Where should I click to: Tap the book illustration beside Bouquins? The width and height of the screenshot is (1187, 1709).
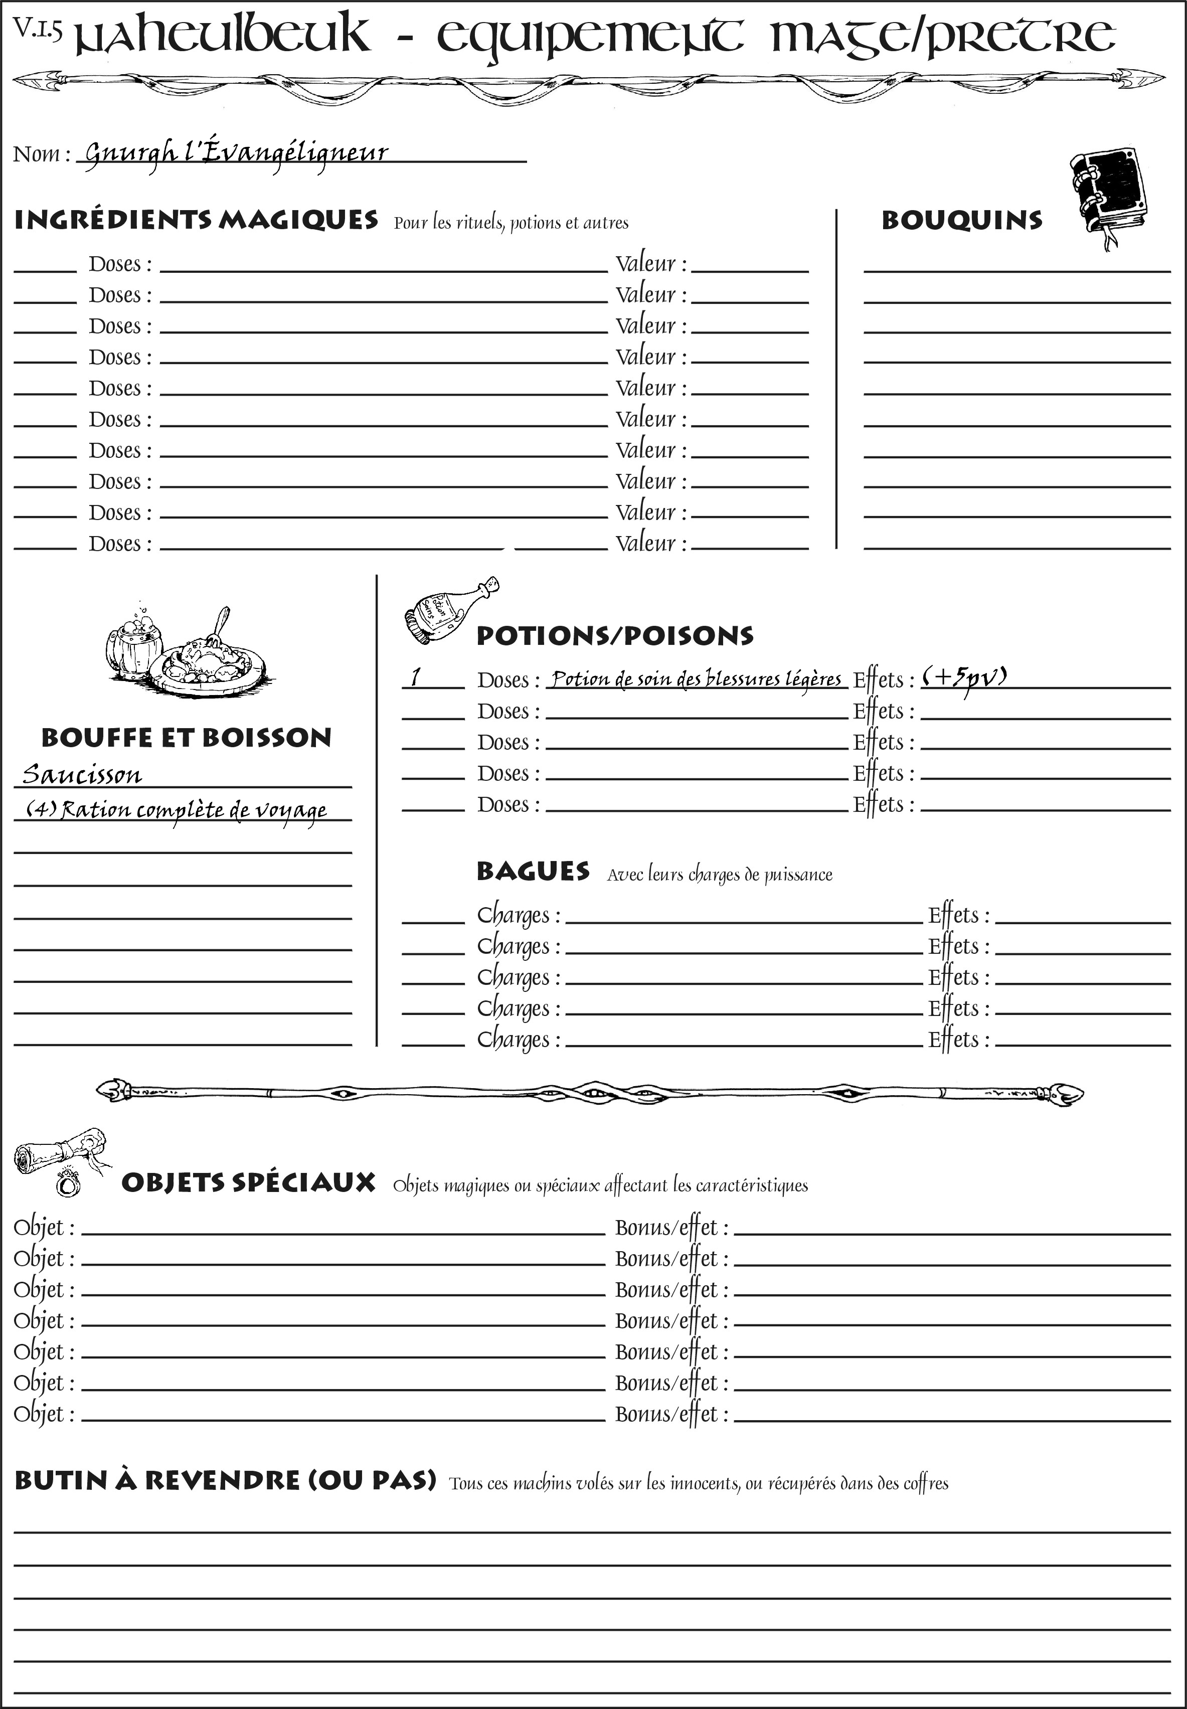[1108, 195]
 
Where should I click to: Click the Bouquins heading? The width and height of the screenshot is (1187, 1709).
[962, 220]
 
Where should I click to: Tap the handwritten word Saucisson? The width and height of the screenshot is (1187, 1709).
[82, 775]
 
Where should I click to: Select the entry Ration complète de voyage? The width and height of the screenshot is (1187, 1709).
[177, 810]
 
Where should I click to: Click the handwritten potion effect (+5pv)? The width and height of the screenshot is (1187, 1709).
[965, 677]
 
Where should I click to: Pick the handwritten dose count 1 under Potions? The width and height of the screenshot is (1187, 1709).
[416, 677]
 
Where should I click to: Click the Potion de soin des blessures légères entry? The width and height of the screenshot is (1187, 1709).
[696, 678]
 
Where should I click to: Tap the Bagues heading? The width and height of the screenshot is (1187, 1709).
[533, 872]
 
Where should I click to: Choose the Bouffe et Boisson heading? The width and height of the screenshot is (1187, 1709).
[186, 738]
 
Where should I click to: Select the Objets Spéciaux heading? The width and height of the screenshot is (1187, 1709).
[248, 1183]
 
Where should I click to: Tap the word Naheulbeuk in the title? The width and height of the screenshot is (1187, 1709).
[223, 36]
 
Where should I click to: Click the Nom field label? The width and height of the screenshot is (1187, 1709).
[41, 154]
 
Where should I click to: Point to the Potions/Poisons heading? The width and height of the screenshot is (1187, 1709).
[614, 636]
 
